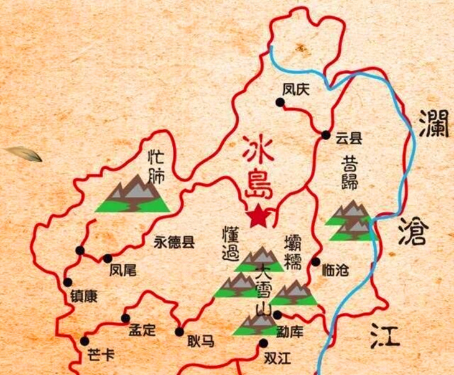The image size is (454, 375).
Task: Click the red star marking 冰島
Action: point(257,216)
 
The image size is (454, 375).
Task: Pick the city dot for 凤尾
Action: point(108,258)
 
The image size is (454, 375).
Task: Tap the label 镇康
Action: point(83,297)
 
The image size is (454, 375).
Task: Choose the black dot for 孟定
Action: point(126,318)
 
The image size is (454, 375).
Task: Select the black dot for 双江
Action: point(264,343)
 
